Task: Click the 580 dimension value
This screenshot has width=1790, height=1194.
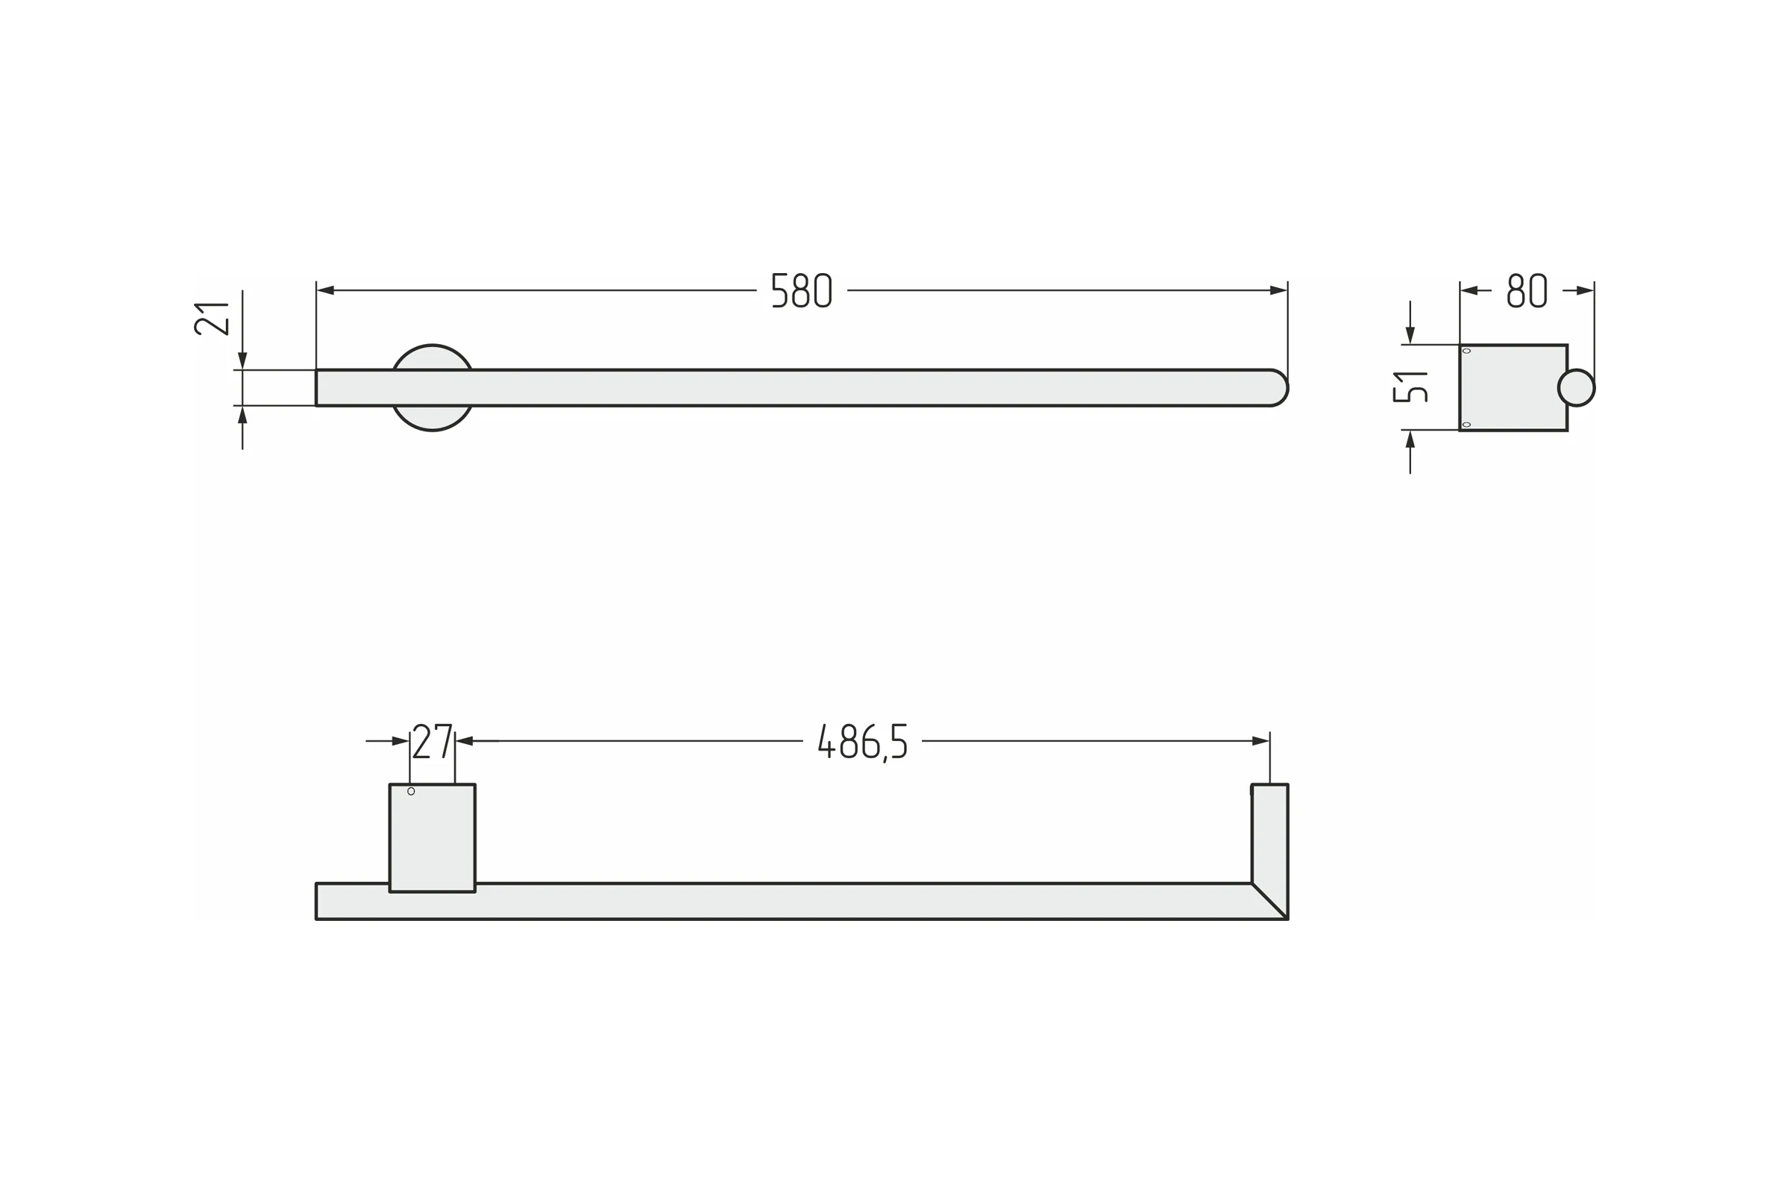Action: tap(801, 290)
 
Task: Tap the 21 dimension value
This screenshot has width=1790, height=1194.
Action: tap(212, 319)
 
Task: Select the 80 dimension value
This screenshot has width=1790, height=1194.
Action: tap(1527, 290)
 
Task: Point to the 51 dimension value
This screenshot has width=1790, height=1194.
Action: tap(1410, 387)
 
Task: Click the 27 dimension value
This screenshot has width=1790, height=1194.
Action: tap(433, 741)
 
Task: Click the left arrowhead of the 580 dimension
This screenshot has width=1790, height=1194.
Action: tap(326, 290)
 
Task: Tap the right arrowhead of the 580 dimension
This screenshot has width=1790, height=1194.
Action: tap(1278, 290)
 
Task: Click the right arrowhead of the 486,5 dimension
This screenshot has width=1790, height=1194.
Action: tap(1260, 741)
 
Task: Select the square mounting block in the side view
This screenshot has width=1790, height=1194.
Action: tap(1513, 387)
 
